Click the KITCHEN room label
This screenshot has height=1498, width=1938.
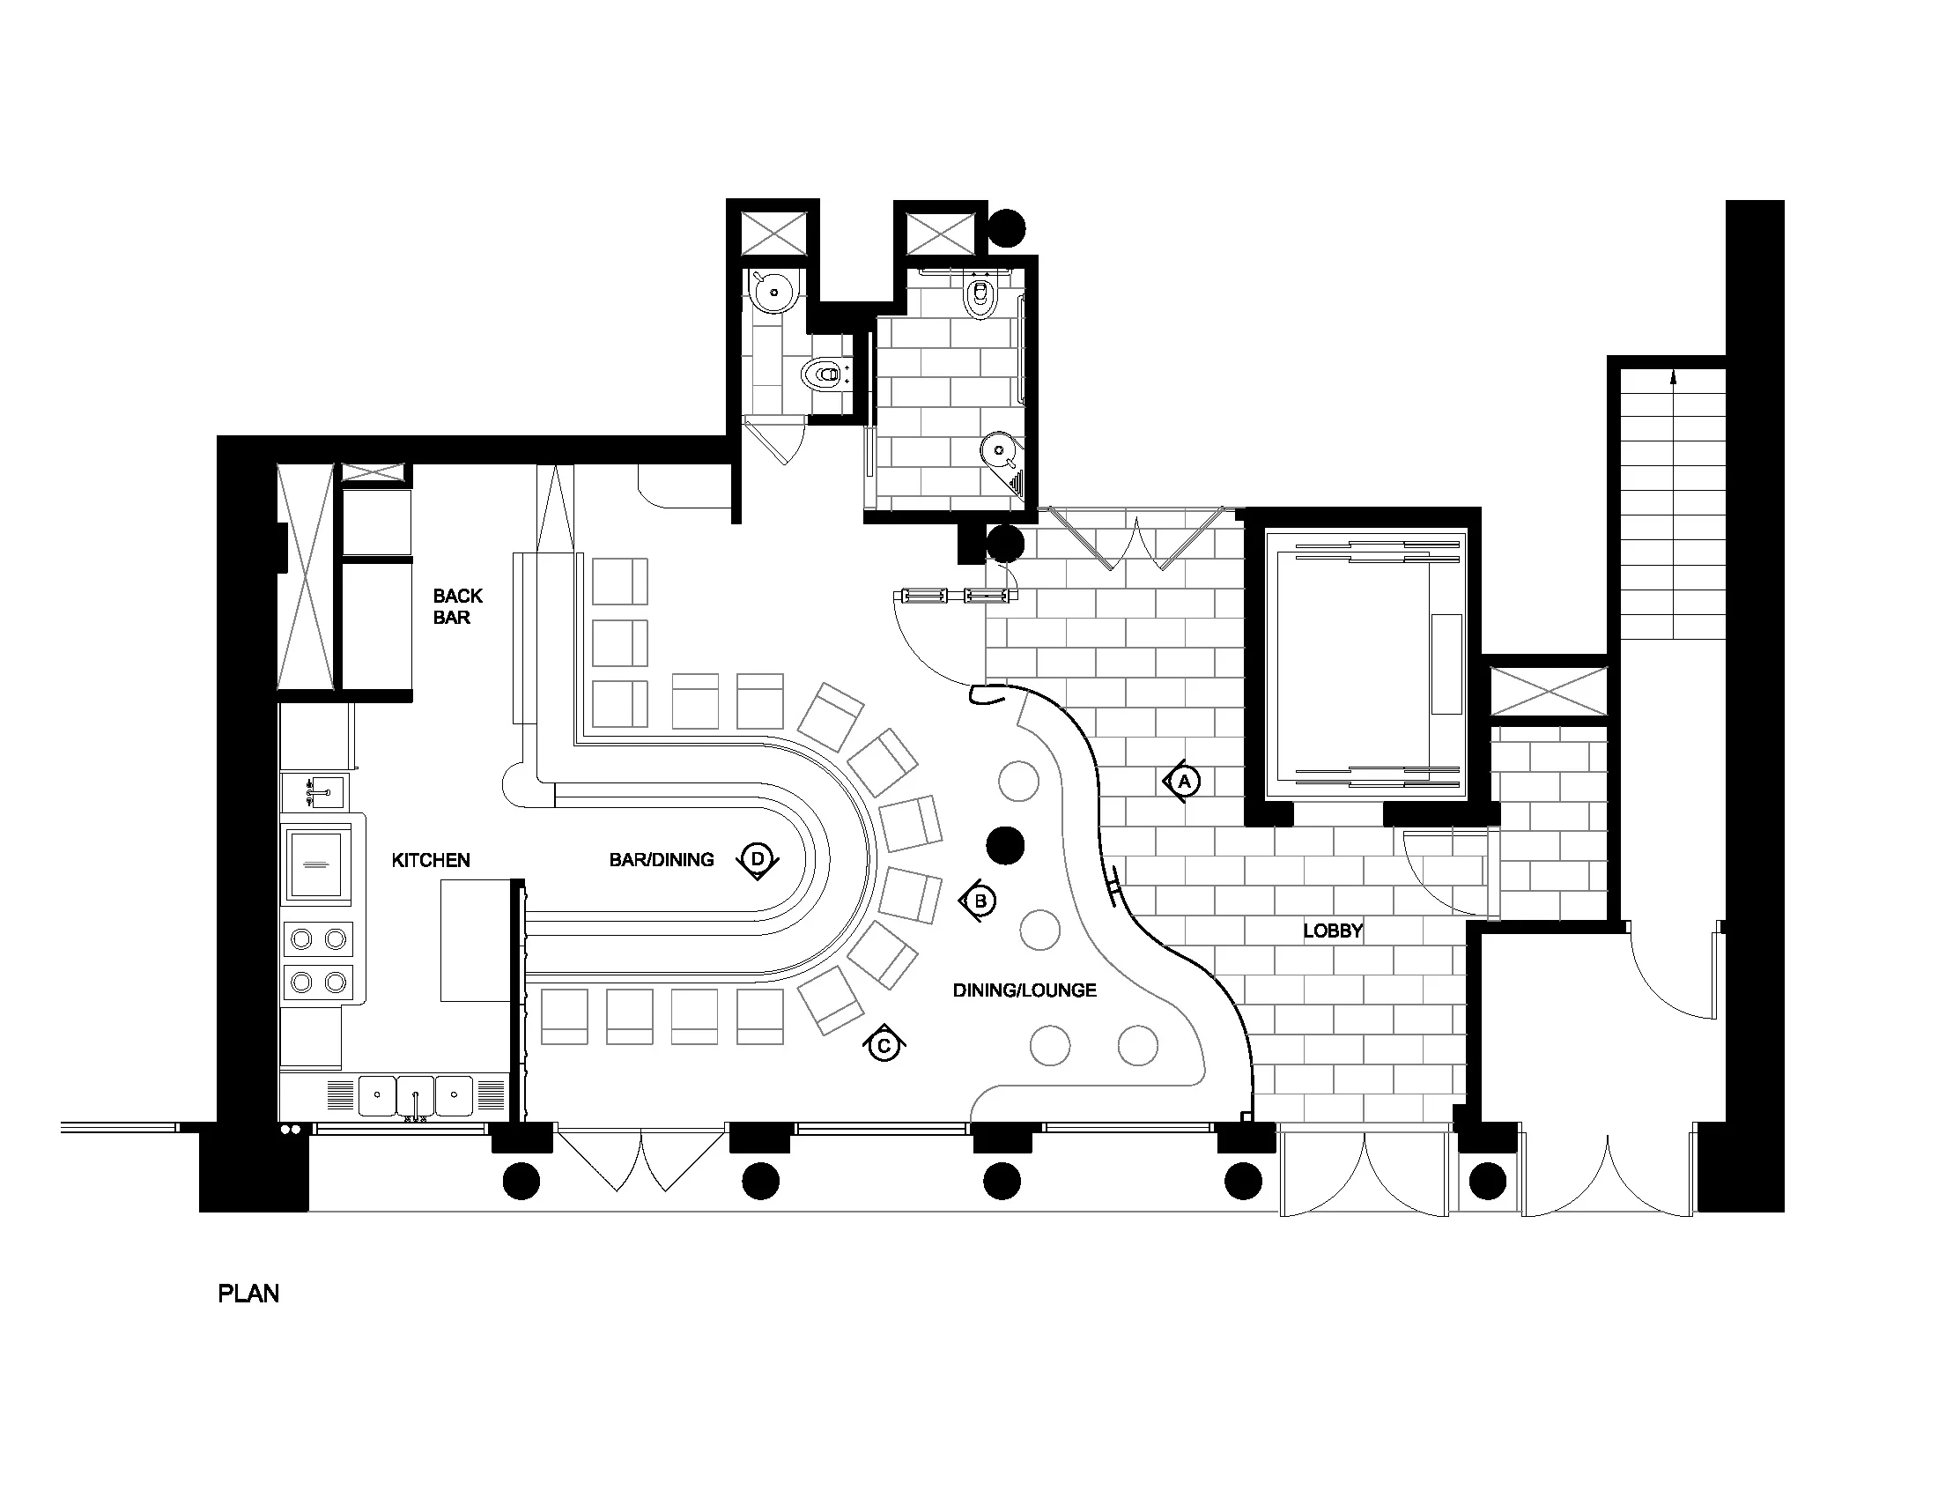(431, 860)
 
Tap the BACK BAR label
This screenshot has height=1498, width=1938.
(456, 606)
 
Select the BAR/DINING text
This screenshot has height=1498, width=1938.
(661, 859)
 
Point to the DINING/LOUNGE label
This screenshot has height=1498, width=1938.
(1024, 990)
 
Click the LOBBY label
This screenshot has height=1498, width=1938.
(1332, 930)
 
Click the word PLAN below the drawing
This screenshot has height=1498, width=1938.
(248, 1293)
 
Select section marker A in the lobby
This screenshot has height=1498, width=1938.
(1183, 782)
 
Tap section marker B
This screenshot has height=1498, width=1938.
(980, 901)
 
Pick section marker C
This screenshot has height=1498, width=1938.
(883, 1046)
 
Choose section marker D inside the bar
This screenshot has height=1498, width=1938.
(758, 858)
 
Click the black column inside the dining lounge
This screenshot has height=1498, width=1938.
(1005, 845)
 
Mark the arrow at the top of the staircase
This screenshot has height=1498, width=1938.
(1673, 376)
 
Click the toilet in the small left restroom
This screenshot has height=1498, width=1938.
(823, 374)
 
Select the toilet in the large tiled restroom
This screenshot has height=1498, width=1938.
(980, 294)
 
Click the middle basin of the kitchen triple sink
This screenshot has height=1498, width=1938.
(414, 1095)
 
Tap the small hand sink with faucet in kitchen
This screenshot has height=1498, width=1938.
(315, 790)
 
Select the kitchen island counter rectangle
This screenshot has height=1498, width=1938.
(476, 940)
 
